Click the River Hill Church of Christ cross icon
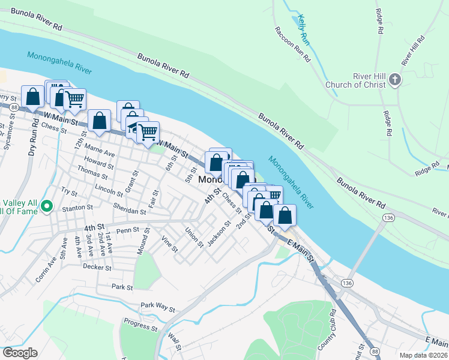pos(395,80)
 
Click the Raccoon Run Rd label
pos(292,44)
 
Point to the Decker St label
pos(98,267)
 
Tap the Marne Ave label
pos(100,150)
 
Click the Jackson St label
pos(219,234)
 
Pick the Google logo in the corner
pos(19,353)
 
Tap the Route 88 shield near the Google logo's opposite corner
pos(375,350)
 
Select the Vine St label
pos(170,244)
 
